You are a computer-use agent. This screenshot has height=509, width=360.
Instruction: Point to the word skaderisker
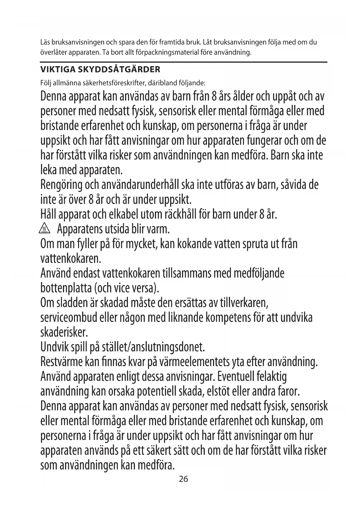(64, 333)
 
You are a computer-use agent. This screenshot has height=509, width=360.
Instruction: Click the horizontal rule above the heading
(183, 62)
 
